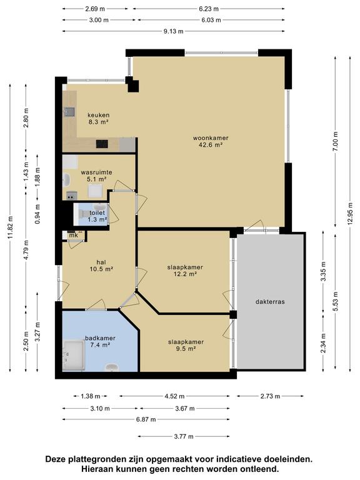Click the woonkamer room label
tap(211, 141)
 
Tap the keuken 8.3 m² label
tap(99, 119)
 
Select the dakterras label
tap(270, 301)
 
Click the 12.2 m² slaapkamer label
tap(185, 271)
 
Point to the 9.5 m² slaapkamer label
tap(186, 345)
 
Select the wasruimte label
tap(96, 176)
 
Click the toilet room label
tap(97, 216)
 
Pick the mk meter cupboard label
tap(74, 236)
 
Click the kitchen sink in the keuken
tap(69, 112)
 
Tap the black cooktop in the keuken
tap(102, 144)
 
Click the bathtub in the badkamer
tap(74, 356)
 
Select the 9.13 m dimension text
tap(173, 31)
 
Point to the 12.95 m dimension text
tap(350, 214)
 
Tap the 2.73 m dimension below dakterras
tap(270, 396)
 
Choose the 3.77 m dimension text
tap(184, 436)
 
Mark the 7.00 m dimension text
tap(336, 141)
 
